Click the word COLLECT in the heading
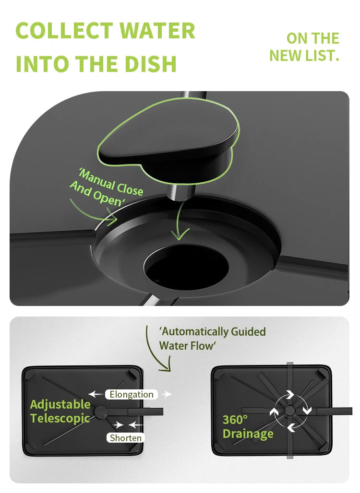coord(64,31)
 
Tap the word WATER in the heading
coord(157,31)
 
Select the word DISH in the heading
coord(150,64)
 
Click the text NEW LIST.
coord(304,56)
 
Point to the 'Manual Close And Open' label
coord(107,188)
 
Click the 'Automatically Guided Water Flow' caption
coord(213,339)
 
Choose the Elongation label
coord(132,394)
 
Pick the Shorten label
coord(126,438)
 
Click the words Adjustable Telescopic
coord(60,411)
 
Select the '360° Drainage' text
coord(248,427)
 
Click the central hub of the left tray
coord(101,412)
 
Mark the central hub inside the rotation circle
coord(290,411)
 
